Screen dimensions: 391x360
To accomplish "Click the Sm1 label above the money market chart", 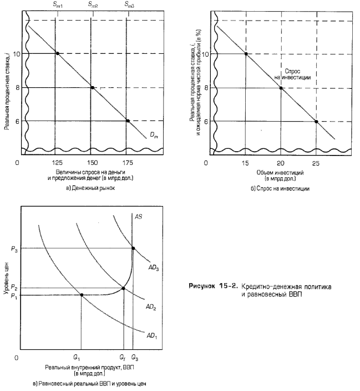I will pyautogui.click(x=58, y=4).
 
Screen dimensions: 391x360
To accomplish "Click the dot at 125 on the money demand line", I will pyautogui.click(x=58, y=53).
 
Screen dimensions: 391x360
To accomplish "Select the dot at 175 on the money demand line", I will pyautogui.click(x=128, y=121).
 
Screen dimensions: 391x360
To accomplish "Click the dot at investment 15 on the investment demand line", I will pyautogui.click(x=246, y=54).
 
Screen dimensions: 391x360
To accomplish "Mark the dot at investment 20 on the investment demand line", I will pyautogui.click(x=281, y=88).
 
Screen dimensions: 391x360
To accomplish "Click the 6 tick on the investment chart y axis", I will pyautogui.click(x=206, y=121).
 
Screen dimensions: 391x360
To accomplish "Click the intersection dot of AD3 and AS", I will pyautogui.click(x=133, y=248).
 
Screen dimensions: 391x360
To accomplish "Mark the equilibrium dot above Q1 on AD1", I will pyautogui.click(x=82, y=294).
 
